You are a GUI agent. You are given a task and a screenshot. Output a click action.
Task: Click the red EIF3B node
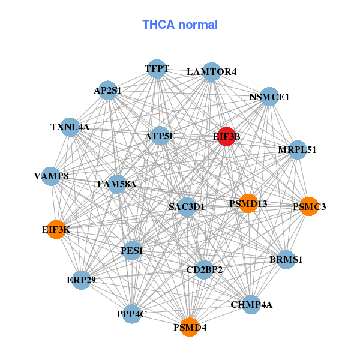point(226,136)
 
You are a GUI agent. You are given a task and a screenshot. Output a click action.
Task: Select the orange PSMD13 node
point(248,203)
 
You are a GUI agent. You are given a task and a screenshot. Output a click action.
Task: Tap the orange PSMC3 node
point(309,206)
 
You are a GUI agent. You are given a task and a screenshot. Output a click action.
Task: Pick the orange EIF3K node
point(56,230)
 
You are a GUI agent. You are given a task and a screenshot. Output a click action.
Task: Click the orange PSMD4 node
point(190,327)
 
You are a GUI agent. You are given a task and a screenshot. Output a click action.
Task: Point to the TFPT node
point(157,69)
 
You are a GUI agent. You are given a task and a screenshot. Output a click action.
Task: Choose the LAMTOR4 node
point(211,72)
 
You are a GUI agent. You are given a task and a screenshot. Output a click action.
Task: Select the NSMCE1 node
point(269,97)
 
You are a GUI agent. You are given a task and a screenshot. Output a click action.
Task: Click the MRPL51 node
point(298,150)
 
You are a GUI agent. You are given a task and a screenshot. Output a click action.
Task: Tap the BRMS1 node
point(286,260)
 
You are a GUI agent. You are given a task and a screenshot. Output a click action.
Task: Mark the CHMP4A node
point(251,305)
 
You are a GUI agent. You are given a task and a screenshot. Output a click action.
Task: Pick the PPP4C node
point(132,314)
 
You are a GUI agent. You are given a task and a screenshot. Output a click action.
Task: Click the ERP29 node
point(81,280)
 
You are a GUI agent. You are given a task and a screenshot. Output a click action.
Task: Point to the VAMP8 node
point(51,176)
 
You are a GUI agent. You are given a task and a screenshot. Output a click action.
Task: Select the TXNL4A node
point(70,127)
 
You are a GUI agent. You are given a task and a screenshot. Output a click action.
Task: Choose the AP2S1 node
point(107,90)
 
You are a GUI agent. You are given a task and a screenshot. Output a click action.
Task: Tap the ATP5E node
point(160,136)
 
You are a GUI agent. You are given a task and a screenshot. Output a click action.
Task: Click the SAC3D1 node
point(187,207)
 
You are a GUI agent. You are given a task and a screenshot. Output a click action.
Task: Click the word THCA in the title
point(158,25)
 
